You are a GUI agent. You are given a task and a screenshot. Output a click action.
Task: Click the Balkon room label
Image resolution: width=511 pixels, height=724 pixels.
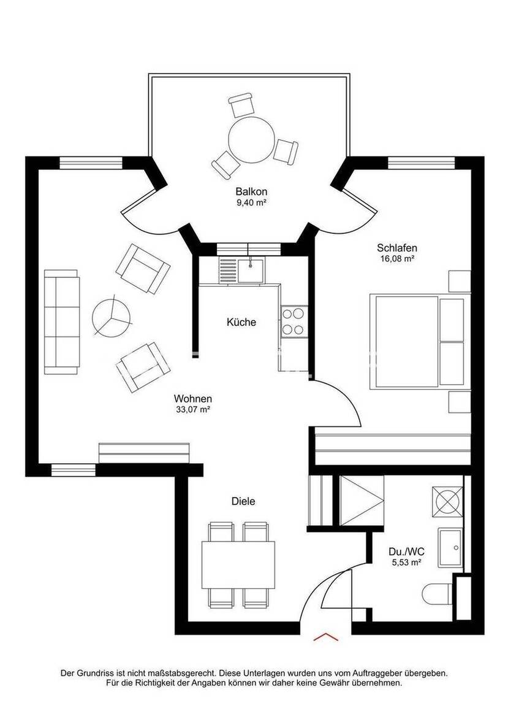(x=251, y=191)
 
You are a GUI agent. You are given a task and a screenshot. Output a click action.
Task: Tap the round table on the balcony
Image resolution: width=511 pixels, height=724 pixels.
(x=251, y=140)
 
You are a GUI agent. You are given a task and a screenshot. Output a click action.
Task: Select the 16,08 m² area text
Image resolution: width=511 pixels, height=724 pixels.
(x=397, y=258)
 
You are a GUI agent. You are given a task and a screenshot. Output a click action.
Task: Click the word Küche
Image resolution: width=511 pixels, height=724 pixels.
(x=241, y=322)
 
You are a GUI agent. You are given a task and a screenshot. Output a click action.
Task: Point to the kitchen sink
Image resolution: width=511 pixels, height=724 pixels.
(x=251, y=270)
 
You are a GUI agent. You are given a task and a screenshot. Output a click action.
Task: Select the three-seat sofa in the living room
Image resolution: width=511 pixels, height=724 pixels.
(x=61, y=322)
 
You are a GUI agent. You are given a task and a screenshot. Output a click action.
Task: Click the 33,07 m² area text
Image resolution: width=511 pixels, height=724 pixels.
(x=193, y=409)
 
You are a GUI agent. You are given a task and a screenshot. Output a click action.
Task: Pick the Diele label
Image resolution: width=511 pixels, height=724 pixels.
(x=243, y=501)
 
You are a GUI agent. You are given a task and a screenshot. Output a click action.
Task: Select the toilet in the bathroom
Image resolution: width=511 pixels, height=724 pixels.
(x=437, y=593)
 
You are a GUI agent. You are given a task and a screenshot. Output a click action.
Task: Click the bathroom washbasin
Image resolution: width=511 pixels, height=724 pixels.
(x=450, y=547)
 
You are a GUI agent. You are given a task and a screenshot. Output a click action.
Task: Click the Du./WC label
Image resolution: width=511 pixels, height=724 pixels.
(x=406, y=551)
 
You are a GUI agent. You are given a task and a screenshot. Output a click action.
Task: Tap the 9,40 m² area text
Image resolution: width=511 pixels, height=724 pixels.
(x=251, y=202)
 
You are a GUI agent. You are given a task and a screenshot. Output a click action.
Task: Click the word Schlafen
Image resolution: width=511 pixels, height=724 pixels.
(x=397, y=248)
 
